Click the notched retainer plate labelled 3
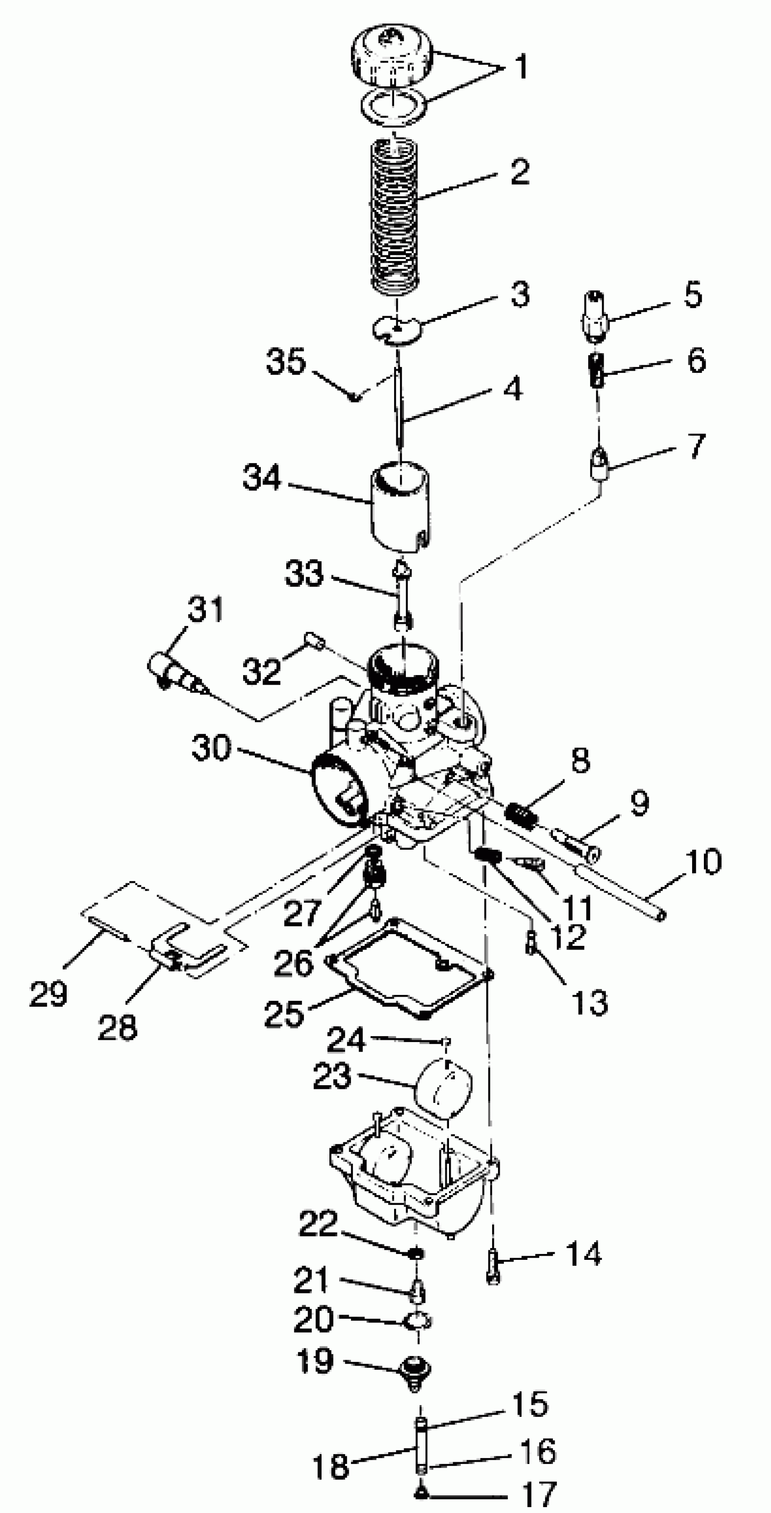[x=398, y=329]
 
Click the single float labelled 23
[x=444, y=1087]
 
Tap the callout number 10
[x=703, y=862]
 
